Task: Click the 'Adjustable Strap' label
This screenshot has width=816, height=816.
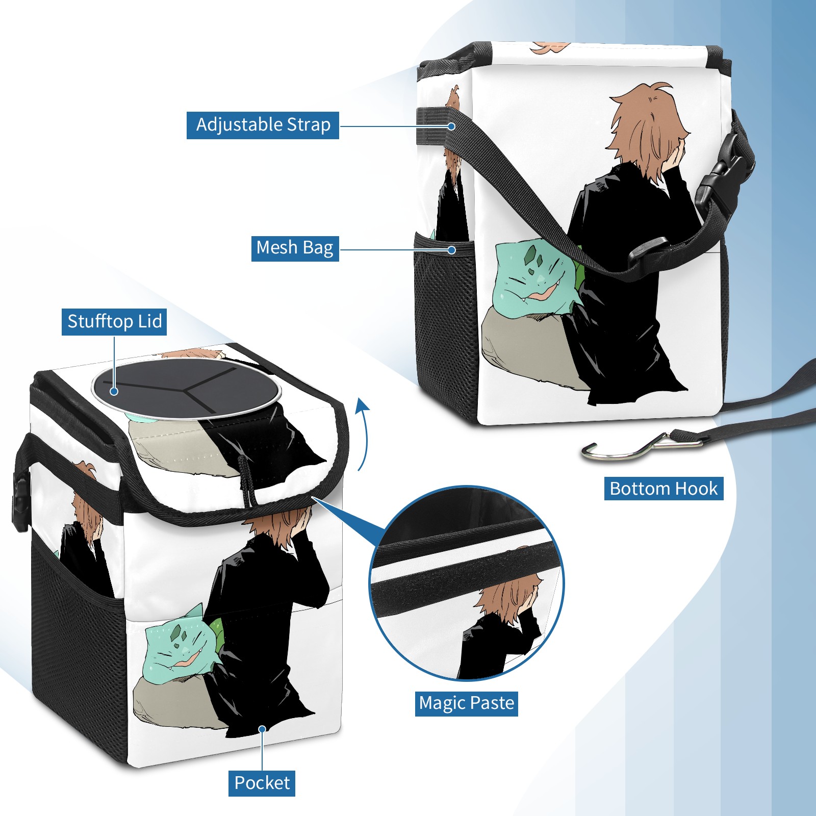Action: tap(263, 125)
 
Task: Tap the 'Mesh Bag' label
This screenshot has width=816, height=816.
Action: tap(295, 248)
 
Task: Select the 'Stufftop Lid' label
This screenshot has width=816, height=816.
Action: tap(114, 322)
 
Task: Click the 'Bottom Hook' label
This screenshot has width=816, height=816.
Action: tap(664, 489)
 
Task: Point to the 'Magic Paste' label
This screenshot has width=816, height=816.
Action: tap(467, 703)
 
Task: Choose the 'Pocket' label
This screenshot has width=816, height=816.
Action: tap(262, 783)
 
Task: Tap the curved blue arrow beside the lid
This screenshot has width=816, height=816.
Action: tap(363, 433)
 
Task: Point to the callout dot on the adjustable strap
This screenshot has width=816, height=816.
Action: tap(451, 125)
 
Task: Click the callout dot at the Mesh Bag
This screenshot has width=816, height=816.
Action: tap(451, 250)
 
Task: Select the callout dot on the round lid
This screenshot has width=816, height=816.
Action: tap(114, 391)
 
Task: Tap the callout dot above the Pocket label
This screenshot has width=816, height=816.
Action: tap(262, 729)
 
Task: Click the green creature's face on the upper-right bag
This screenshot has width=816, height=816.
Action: tap(533, 278)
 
